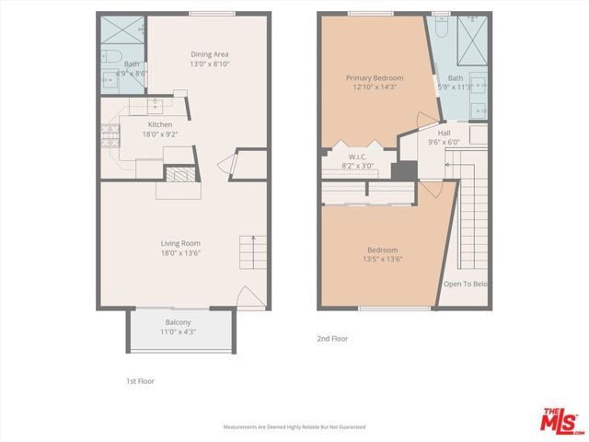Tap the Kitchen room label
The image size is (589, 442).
160,124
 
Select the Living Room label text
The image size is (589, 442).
180,243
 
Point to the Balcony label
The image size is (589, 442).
178,322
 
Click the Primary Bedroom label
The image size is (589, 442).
375,78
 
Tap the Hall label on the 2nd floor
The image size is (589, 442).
444,133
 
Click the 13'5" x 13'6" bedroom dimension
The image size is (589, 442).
383,259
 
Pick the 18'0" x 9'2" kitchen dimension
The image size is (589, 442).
160,134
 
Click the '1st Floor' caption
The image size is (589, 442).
140,380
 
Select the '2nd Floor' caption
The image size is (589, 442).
332,339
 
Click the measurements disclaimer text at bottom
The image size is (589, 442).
294,427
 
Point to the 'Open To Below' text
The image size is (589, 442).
465,284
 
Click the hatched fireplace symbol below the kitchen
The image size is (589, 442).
179,174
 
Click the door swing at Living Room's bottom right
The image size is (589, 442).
248,297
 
